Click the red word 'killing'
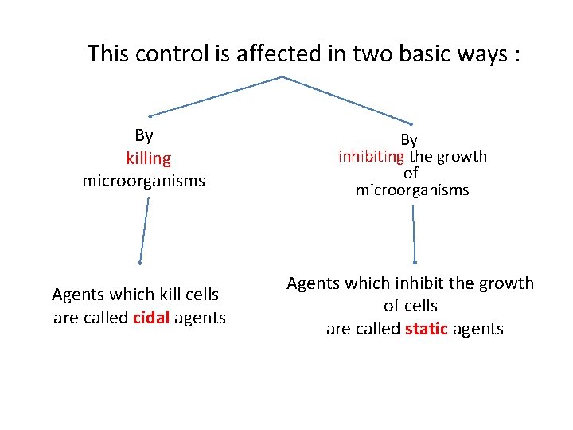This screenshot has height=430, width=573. [x=148, y=158]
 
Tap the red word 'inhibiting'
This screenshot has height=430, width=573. [x=372, y=157]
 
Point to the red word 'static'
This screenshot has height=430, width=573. [x=427, y=328]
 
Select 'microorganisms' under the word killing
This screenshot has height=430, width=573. [x=143, y=181]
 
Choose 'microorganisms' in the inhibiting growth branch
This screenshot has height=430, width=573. [x=412, y=190]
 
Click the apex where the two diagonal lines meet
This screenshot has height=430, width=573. [x=282, y=77]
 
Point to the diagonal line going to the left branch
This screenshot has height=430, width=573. [x=215, y=96]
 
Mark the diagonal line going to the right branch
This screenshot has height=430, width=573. [x=348, y=100]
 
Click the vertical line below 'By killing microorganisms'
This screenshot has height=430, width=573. [x=144, y=231]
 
